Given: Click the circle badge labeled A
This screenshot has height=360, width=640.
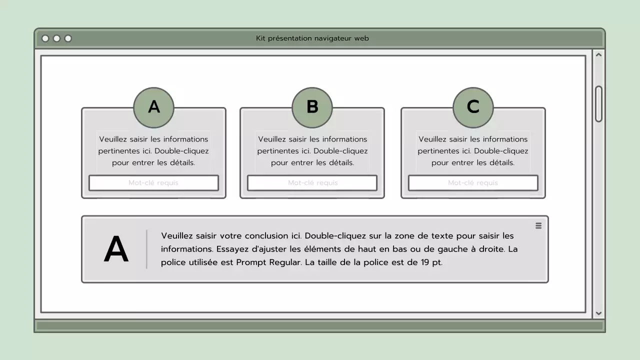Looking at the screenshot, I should tap(153, 107).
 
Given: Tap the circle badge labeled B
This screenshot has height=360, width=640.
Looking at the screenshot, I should tap(312, 107).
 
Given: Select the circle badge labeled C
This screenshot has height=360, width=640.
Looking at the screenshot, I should tap(473, 107).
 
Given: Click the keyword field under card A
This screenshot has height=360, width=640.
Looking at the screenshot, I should tap(153, 183).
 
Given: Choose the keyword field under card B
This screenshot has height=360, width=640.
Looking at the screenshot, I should tap(312, 183).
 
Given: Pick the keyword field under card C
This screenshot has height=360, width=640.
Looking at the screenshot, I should tap(473, 183).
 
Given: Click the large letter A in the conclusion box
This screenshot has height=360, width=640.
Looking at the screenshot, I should tap(116, 249).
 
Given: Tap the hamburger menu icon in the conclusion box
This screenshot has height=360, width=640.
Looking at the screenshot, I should tap(538, 226).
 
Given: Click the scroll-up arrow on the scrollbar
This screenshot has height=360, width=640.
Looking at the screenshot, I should tap(598, 54).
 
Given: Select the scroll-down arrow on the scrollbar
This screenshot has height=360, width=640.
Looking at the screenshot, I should tap(598, 313).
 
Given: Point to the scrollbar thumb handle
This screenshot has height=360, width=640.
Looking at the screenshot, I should tap(598, 103).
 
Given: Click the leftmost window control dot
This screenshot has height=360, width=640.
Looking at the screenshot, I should tap(45, 38).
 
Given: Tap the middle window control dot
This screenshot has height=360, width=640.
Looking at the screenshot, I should tap(56, 38).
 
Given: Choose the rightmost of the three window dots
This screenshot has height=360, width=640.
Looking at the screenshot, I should tap(68, 38).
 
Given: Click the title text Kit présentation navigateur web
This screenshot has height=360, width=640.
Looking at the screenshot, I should tap(312, 38).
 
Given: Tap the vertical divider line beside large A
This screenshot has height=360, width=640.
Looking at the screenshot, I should tap(146, 249).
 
